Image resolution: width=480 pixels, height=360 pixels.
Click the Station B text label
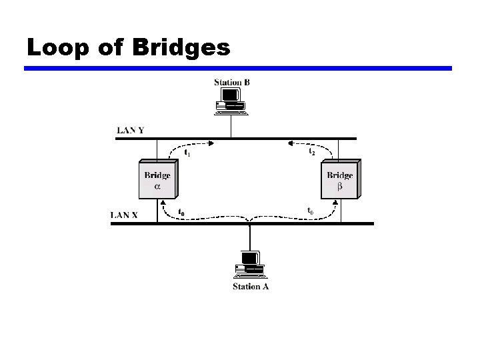pos(232,83)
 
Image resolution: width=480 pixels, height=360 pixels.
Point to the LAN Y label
pos(131,130)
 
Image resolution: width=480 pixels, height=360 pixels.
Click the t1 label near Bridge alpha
pos(188,153)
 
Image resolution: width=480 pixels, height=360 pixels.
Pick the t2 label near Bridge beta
pos(311,152)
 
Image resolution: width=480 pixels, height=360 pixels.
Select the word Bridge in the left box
pos(157,176)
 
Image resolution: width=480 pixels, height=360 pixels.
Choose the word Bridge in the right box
pos(339,176)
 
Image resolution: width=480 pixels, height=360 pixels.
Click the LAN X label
pos(125,215)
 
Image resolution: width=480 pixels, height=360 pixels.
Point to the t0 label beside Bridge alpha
pos(181,212)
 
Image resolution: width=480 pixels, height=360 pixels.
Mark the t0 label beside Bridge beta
pos(311,211)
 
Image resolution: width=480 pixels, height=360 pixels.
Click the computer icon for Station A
pos(249,265)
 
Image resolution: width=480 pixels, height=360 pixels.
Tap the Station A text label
pos(250,287)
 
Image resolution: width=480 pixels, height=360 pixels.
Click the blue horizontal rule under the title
pos(238,68)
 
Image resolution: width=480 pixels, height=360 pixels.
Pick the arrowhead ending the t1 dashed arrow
pos(213,141)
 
